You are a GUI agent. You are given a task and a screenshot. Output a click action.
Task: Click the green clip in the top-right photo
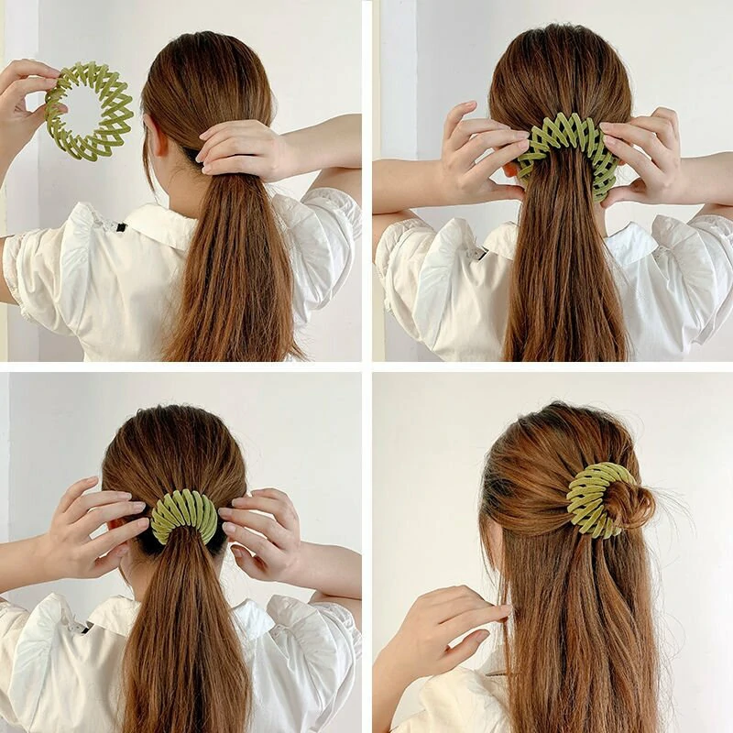[568, 151]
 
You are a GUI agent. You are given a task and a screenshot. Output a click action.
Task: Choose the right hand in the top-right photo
[646, 156]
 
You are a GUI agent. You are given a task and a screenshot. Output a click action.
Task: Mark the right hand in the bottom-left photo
[261, 531]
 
